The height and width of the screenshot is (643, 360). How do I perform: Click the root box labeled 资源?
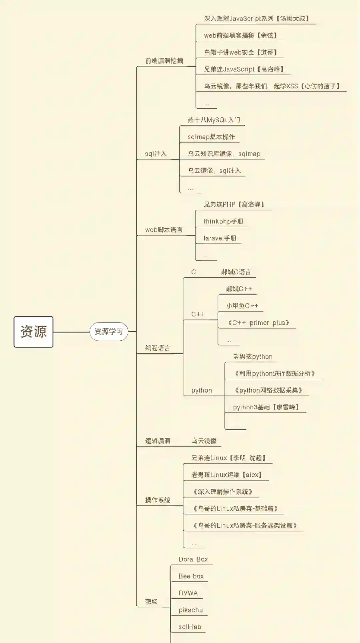[33, 332]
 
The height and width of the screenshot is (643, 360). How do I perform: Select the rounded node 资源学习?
[109, 332]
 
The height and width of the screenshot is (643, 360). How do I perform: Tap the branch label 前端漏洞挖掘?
[164, 61]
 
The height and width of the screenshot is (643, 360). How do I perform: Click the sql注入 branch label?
[156, 154]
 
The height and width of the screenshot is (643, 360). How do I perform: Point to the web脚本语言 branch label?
[164, 230]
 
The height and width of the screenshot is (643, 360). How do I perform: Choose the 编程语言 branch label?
[158, 348]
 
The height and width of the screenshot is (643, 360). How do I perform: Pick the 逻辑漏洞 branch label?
[158, 441]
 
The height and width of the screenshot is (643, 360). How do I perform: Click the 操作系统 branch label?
[158, 500]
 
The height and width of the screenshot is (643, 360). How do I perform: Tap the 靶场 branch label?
[151, 601]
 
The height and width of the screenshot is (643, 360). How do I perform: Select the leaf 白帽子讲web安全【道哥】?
[241, 52]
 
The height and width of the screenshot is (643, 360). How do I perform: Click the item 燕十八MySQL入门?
[214, 120]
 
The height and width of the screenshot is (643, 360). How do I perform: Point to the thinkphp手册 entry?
[223, 221]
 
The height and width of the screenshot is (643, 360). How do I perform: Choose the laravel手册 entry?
[220, 238]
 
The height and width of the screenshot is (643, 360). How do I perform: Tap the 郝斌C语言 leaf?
[236, 272]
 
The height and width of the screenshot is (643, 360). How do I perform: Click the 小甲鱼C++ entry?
[242, 306]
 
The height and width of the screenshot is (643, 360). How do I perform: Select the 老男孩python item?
[253, 357]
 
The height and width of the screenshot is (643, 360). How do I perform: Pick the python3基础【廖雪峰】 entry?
[266, 407]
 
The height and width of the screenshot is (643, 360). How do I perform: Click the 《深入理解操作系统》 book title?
[223, 492]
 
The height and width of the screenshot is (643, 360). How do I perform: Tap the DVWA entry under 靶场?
[188, 593]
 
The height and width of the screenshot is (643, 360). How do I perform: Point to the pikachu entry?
[191, 610]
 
